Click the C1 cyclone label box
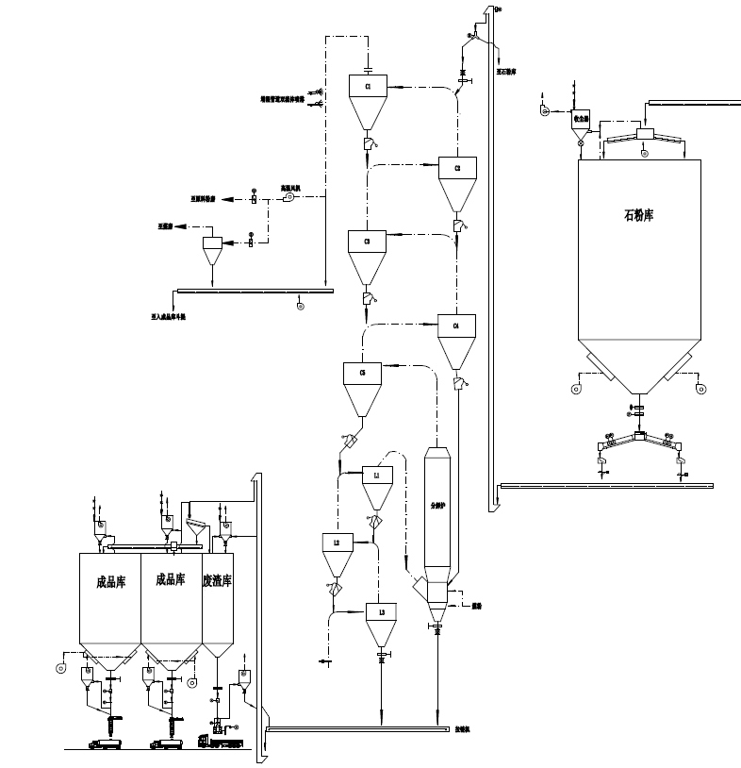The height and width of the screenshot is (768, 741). [x=369, y=87]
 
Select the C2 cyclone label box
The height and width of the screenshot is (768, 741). [x=457, y=169]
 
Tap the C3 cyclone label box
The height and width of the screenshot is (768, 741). [x=367, y=242]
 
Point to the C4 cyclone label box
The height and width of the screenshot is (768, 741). [x=456, y=326]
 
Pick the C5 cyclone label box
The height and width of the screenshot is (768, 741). [x=362, y=374]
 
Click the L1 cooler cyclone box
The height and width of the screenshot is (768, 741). [x=376, y=476]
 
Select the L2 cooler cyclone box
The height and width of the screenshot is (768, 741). [x=337, y=542]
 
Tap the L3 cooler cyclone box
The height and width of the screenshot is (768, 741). [x=381, y=613]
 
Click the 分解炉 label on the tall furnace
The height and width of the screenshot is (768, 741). [x=437, y=505]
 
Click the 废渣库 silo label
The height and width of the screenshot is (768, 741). [x=218, y=581]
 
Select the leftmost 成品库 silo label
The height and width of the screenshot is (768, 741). [x=110, y=581]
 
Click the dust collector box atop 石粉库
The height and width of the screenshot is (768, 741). [x=582, y=119]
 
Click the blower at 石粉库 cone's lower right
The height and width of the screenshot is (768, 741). [x=700, y=388]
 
